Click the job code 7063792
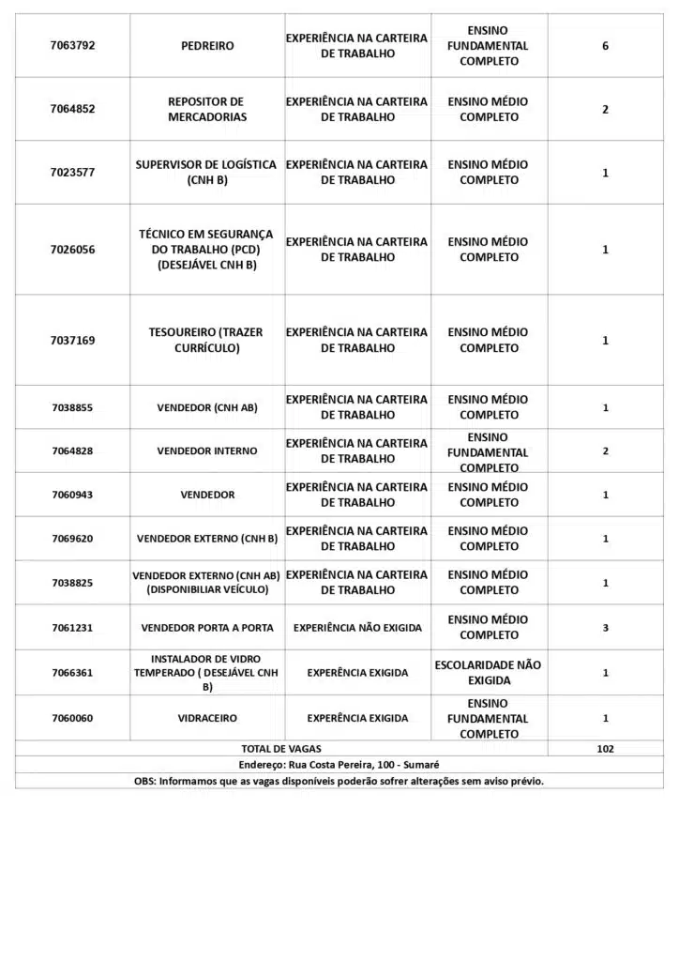(72, 45)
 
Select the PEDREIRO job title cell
(207, 45)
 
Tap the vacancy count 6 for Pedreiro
(605, 45)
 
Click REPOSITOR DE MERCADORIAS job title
(207, 109)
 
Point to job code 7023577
(72, 172)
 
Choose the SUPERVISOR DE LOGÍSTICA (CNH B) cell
(207, 172)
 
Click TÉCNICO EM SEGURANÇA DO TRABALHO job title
(207, 249)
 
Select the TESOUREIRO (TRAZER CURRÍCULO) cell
(207, 340)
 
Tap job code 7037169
(72, 340)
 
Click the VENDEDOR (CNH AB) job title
(207, 407)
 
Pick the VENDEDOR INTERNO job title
(207, 451)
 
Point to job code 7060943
(72, 495)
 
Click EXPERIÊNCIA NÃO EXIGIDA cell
(357, 627)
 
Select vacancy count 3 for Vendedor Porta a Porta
(605, 627)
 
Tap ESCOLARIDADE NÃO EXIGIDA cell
(489, 672)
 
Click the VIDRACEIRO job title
(207, 718)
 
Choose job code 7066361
(72, 672)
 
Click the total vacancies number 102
(605, 749)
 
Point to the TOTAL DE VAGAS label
(281, 749)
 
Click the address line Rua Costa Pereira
(339, 765)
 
